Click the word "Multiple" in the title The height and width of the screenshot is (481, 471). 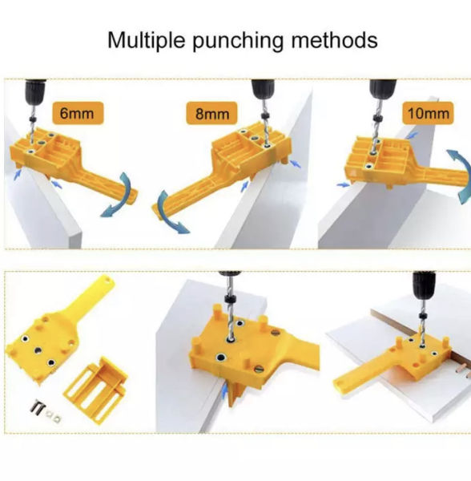(147, 41)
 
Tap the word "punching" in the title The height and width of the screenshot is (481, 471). (238, 42)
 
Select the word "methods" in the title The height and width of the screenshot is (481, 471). (334, 40)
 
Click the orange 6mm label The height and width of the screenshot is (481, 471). (78, 113)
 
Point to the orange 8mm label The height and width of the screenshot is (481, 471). (211, 114)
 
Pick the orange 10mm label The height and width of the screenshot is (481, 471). (428, 113)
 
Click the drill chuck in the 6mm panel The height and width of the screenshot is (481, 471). (35, 91)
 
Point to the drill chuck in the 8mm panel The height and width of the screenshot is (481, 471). (263, 89)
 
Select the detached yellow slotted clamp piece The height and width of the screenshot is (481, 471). (95, 389)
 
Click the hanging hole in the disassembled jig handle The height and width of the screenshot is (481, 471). (107, 280)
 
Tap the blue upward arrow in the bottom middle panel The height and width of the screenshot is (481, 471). (225, 390)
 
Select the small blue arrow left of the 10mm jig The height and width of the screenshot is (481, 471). (343, 184)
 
